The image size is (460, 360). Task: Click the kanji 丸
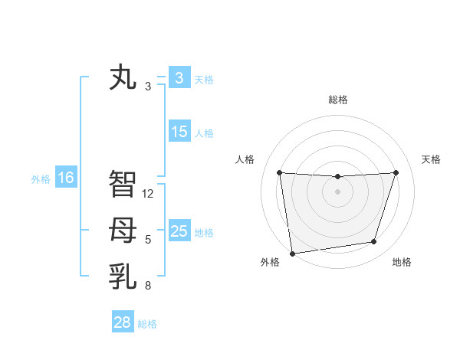123,79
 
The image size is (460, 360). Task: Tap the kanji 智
123,184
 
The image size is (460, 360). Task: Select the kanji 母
123,230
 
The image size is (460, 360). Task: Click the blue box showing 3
179,78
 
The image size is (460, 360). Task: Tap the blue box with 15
179,132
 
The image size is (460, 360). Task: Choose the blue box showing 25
179,231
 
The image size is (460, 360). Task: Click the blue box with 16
65,178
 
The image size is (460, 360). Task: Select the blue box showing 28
122,322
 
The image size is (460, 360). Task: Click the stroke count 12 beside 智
148,194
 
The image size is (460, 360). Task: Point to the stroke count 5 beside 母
148,240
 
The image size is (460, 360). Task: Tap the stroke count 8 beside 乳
148,286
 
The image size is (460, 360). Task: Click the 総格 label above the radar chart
337,100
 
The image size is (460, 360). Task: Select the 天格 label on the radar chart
431,159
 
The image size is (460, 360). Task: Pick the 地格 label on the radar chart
402,262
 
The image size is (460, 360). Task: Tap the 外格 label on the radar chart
270,262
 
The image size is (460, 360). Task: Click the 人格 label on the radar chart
245,159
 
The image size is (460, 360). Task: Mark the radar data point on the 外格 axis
292,254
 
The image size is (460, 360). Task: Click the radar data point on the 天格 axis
396,172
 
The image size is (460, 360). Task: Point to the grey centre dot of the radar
337,191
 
